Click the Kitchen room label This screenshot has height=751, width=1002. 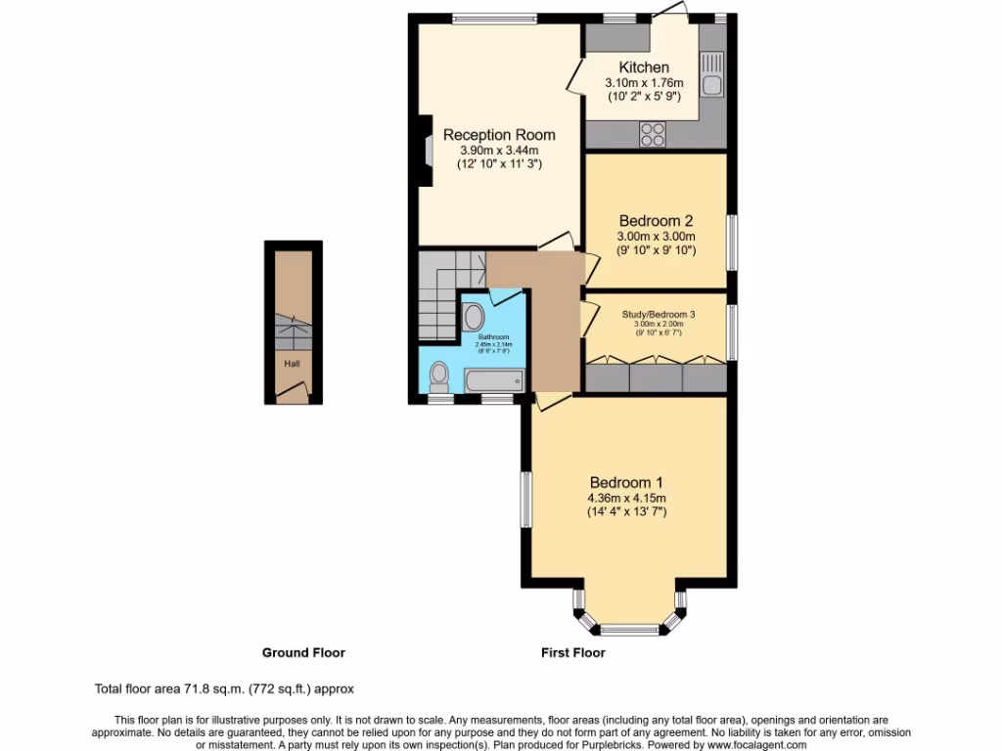pyautogui.click(x=644, y=67)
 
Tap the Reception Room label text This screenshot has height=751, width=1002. pyautogui.click(x=499, y=135)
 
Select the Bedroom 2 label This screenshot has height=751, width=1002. pyautogui.click(x=656, y=221)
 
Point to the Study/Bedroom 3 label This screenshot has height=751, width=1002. pyautogui.click(x=659, y=314)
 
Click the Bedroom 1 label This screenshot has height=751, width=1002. pyautogui.click(x=626, y=482)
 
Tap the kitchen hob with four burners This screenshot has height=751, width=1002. pyautogui.click(x=653, y=134)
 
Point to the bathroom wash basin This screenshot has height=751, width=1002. pyautogui.click(x=473, y=317)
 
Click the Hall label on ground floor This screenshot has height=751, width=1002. pyautogui.click(x=292, y=364)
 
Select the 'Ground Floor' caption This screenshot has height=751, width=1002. pyautogui.click(x=303, y=652)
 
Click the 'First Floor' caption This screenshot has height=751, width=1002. pyautogui.click(x=573, y=652)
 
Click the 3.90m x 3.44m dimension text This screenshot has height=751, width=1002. pyautogui.click(x=499, y=151)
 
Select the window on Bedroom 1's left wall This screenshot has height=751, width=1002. pyautogui.click(x=524, y=500)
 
